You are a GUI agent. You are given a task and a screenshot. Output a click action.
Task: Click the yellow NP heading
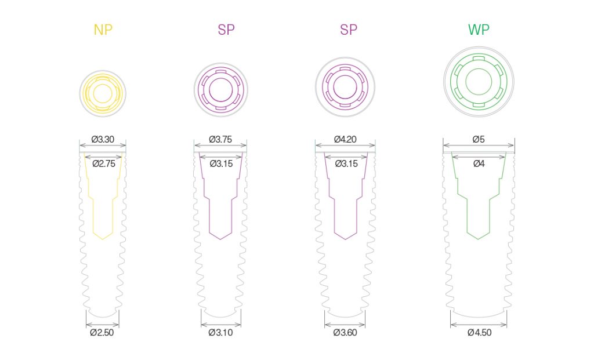point(103,30)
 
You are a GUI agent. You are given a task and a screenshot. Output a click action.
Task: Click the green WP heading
point(479,30)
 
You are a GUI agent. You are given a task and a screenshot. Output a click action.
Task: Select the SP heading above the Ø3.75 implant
point(226,30)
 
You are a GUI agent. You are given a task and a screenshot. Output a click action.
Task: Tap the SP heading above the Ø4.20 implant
point(349,30)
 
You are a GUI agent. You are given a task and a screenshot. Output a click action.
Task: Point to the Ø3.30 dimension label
point(103,139)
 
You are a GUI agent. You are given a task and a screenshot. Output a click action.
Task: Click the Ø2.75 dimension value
point(104,163)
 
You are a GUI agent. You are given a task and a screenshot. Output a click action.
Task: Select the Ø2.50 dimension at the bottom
point(102,332)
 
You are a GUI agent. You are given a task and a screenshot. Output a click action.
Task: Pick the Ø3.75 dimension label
point(220,139)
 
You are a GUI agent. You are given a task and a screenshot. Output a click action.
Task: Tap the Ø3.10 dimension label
point(220,332)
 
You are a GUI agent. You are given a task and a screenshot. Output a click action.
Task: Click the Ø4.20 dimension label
point(345,139)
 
